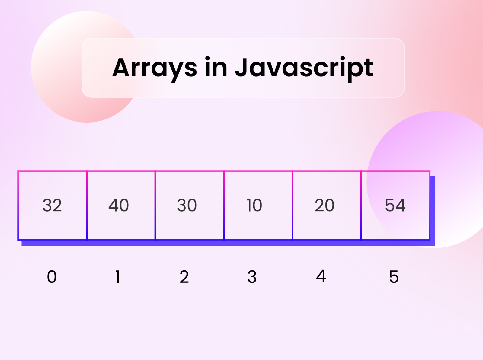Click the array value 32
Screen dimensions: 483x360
52,205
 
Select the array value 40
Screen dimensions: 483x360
119,205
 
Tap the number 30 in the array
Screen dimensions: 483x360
187,205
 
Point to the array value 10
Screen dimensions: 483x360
254,205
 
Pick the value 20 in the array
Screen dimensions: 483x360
325,205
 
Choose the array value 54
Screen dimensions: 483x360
395,205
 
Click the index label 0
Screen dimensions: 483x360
52,277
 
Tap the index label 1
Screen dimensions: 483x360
118,277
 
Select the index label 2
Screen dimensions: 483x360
184,277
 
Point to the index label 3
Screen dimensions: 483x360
252,277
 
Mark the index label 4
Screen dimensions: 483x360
321,276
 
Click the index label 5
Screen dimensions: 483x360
394,277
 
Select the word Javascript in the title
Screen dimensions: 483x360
304,69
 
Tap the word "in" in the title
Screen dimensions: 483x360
216,67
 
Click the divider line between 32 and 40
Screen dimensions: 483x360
87,205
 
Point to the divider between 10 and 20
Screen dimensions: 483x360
293,205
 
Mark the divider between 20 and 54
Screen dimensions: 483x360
361,205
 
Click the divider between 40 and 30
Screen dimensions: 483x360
155,205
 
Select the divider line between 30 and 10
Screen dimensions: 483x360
224,205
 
